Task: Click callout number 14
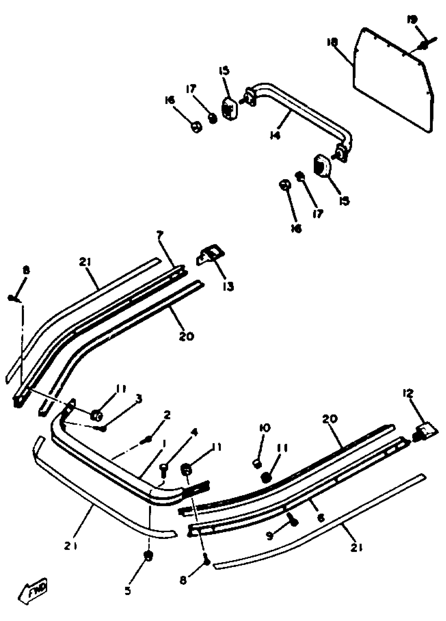(275, 135)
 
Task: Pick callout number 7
(160, 235)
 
